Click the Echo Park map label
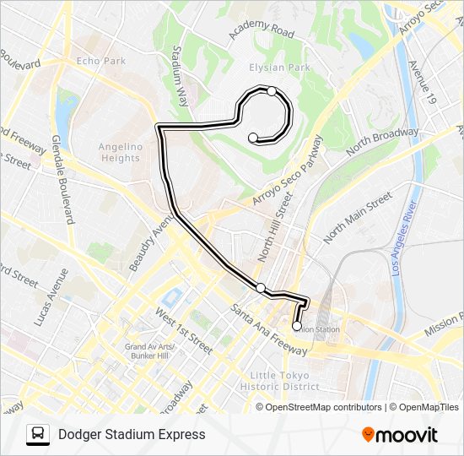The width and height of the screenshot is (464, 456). tap(100, 61)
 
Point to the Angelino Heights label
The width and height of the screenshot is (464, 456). tap(119, 152)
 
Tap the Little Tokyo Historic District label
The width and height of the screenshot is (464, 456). tap(279, 381)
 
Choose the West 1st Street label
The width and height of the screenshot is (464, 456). tap(183, 330)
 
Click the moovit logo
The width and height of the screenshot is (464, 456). tap(400, 435)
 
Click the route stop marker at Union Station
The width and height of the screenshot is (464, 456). tap(297, 326)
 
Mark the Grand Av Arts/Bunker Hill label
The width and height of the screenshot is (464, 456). tap(148, 351)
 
